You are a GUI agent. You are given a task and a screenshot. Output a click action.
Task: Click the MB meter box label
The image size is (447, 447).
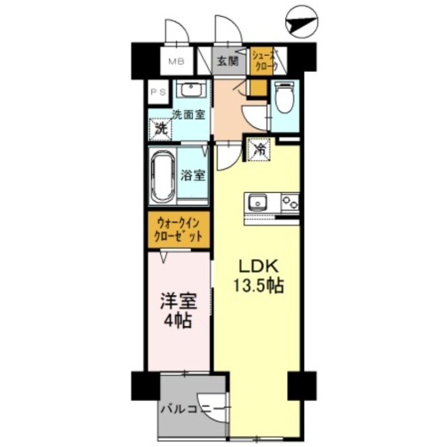(177, 61)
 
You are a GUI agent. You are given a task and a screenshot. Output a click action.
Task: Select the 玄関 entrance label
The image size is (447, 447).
(226, 61)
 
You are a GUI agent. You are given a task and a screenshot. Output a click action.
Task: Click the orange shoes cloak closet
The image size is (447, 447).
(264, 61)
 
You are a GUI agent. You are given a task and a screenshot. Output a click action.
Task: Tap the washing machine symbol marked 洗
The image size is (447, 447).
(161, 128)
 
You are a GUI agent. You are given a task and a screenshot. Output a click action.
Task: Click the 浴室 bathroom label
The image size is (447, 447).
(193, 174)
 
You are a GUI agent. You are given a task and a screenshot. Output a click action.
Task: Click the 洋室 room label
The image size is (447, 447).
(179, 302)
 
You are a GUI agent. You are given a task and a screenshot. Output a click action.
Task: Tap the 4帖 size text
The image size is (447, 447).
(179, 321)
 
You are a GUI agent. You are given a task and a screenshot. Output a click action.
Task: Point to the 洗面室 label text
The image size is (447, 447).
(188, 115)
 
